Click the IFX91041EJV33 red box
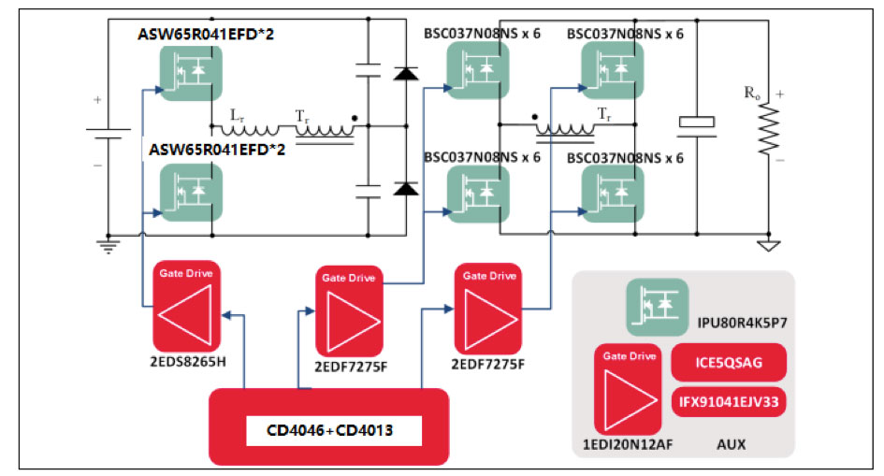729,402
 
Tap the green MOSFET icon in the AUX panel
657,308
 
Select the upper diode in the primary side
405,73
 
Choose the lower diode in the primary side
405,189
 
